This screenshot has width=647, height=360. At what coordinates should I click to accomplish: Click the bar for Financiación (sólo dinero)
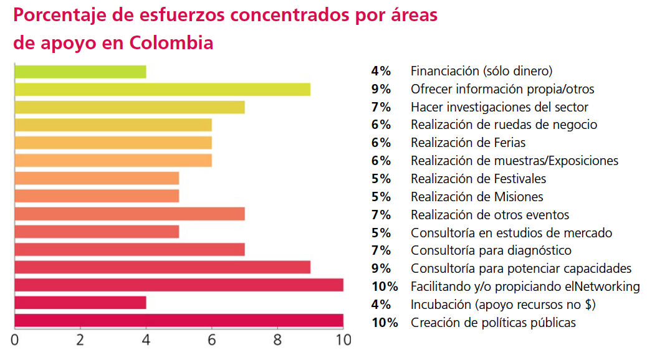(80, 72)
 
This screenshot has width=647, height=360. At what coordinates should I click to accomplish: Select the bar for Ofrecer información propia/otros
(162, 89)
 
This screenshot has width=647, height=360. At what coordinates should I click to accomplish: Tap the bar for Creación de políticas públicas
(178, 321)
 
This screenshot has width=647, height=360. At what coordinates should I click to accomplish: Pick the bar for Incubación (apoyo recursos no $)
(80, 303)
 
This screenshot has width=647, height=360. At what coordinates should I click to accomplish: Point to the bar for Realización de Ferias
(113, 143)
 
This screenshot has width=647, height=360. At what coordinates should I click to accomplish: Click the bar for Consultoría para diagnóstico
(129, 250)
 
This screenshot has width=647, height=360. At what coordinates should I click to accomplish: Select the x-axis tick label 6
(211, 341)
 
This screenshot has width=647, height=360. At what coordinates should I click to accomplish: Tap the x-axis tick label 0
(14, 341)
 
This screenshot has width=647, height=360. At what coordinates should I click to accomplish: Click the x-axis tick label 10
(343, 341)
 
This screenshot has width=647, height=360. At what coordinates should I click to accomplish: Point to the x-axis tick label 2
(80, 341)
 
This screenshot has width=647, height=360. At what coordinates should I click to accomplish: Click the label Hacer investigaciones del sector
(499, 107)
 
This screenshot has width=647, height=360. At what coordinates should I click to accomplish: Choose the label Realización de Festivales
(478, 179)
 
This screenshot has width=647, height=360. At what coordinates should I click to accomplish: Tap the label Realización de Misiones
(477, 197)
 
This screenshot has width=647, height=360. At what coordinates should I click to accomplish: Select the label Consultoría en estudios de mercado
(511, 233)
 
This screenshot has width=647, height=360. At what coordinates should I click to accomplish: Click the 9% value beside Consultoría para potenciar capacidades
(381, 268)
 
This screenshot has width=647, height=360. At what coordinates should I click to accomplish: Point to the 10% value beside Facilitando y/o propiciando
(385, 287)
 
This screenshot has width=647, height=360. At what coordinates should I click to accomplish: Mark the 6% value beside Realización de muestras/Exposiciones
(381, 161)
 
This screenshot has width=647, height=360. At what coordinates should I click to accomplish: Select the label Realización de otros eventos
(490, 215)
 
